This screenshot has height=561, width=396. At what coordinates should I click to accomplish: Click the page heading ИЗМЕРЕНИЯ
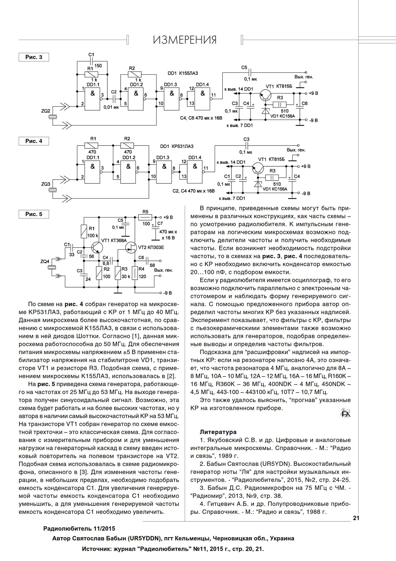(185, 40)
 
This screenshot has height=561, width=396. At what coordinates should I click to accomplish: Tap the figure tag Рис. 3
(34, 57)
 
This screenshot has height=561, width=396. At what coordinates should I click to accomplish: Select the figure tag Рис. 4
(34, 141)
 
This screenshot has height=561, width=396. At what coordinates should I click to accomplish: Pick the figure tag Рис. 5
(34, 214)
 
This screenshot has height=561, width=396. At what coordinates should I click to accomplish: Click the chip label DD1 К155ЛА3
(183, 73)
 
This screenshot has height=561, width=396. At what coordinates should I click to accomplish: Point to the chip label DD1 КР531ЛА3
(177, 146)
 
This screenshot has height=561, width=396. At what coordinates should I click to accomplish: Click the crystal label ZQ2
(45, 111)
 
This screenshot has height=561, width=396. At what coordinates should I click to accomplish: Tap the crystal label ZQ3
(45, 184)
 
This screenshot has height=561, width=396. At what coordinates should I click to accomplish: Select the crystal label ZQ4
(45, 261)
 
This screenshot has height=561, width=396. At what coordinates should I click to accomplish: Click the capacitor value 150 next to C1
(98, 66)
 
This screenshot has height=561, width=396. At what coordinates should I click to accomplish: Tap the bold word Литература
(218, 432)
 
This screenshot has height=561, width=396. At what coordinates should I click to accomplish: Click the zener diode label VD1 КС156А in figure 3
(283, 116)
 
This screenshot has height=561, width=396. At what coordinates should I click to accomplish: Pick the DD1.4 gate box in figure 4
(195, 169)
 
